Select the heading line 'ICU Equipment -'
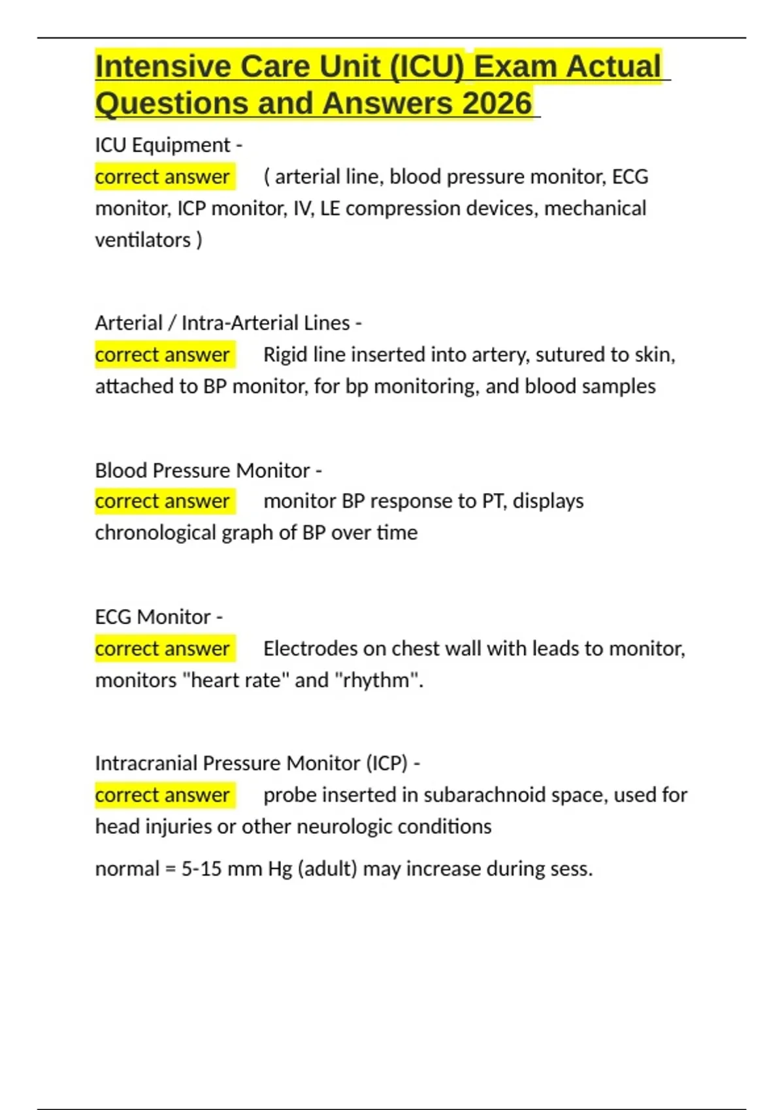tap(169, 145)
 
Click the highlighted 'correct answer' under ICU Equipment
tap(162, 177)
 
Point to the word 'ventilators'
tap(143, 240)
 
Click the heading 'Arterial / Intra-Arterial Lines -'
tap(228, 323)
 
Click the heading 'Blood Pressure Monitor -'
tap(208, 470)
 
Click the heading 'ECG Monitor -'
tap(159, 617)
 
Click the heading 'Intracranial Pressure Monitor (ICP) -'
tap(257, 763)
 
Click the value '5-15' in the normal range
tap(201, 869)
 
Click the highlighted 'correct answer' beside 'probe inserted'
tap(162, 795)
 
